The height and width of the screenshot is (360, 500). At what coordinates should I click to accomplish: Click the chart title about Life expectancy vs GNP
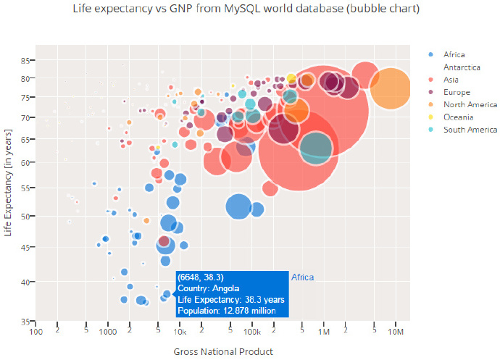coord(246,9)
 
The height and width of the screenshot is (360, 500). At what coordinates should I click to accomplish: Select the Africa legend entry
coord(454,54)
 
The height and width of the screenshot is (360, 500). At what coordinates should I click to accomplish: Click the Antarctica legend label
coord(462,67)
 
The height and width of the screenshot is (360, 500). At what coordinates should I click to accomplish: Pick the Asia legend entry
coord(451,80)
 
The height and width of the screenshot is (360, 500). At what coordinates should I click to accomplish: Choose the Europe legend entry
coord(457,92)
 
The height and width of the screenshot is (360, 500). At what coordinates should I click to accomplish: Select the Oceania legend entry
coord(459,117)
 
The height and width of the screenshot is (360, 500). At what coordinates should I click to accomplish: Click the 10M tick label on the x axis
coord(396,332)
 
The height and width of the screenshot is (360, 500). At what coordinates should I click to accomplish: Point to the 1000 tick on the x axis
coord(107,332)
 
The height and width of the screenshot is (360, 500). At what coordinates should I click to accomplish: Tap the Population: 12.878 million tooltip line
coord(230,311)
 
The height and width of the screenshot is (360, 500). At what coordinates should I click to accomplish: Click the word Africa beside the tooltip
coord(301,277)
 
